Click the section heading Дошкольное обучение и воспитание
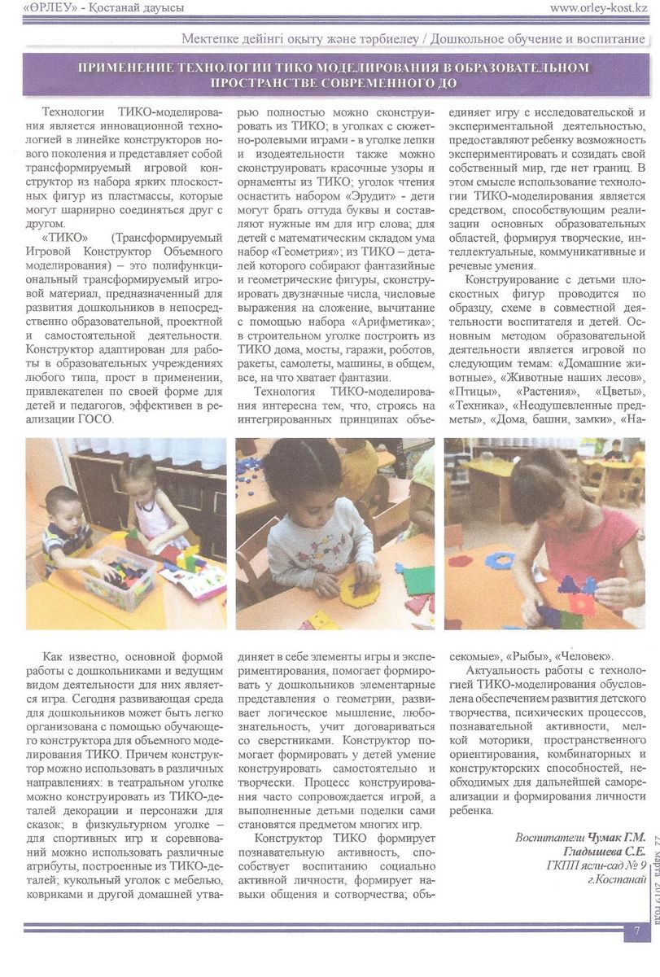(538, 39)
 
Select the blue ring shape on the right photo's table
(499, 560)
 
